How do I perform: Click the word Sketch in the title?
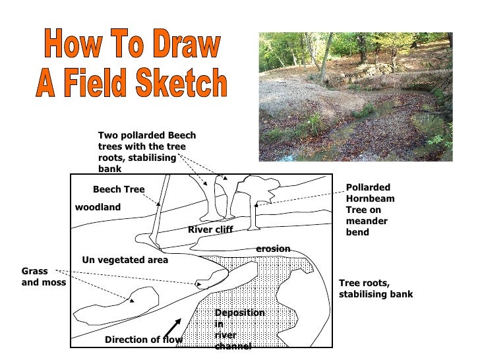(x=181, y=82)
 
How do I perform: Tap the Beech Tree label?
(x=119, y=189)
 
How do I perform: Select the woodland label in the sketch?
(x=98, y=207)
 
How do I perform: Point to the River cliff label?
(x=210, y=229)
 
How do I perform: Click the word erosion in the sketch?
(x=273, y=249)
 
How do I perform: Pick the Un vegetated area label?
(x=125, y=260)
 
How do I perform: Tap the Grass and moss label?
(x=44, y=276)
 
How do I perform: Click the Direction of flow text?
(x=144, y=340)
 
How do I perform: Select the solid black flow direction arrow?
(x=173, y=328)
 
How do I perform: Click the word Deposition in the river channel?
(x=240, y=313)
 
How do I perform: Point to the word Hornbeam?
(x=370, y=198)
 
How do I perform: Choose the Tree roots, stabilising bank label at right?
(x=376, y=288)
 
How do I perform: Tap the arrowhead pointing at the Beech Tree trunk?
(x=158, y=203)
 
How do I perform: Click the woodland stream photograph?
(x=356, y=97)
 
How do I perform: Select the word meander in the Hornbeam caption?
(x=367, y=221)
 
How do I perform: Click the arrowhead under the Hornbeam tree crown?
(x=256, y=204)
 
